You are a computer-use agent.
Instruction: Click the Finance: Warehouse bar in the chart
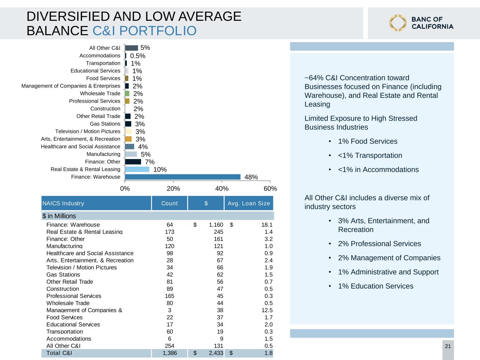pyautogui.click(x=183, y=177)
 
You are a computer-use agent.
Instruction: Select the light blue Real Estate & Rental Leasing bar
pyautogui.click(x=137, y=169)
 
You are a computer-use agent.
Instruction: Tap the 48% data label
pyautogui.click(x=251, y=177)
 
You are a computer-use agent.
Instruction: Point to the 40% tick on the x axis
pyautogui.click(x=222, y=181)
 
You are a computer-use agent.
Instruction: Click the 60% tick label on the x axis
pyautogui.click(x=270, y=188)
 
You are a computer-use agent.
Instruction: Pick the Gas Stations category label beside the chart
pyautogui.click(x=105, y=124)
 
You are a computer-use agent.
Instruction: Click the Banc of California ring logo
pyautogui.click(x=398, y=23)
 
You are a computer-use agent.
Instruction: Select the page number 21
pyautogui.click(x=448, y=346)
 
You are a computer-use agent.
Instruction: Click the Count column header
pyautogui.click(x=169, y=203)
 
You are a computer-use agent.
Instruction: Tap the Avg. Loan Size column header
pyautogui.click(x=249, y=203)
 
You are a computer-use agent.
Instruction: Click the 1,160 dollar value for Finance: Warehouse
pyautogui.click(x=216, y=225)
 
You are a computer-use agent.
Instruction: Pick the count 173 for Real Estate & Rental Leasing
pyautogui.click(x=169, y=232)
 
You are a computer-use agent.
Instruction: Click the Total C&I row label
pyautogui.click(x=59, y=353)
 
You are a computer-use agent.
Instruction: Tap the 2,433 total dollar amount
pyautogui.click(x=216, y=353)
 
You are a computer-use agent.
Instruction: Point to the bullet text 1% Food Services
pyautogui.click(x=367, y=141)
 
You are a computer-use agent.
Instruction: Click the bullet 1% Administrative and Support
pyautogui.click(x=388, y=272)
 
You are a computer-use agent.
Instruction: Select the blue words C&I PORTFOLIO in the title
pyautogui.click(x=145, y=31)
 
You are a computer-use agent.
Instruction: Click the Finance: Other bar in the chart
pyautogui.click(x=133, y=162)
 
